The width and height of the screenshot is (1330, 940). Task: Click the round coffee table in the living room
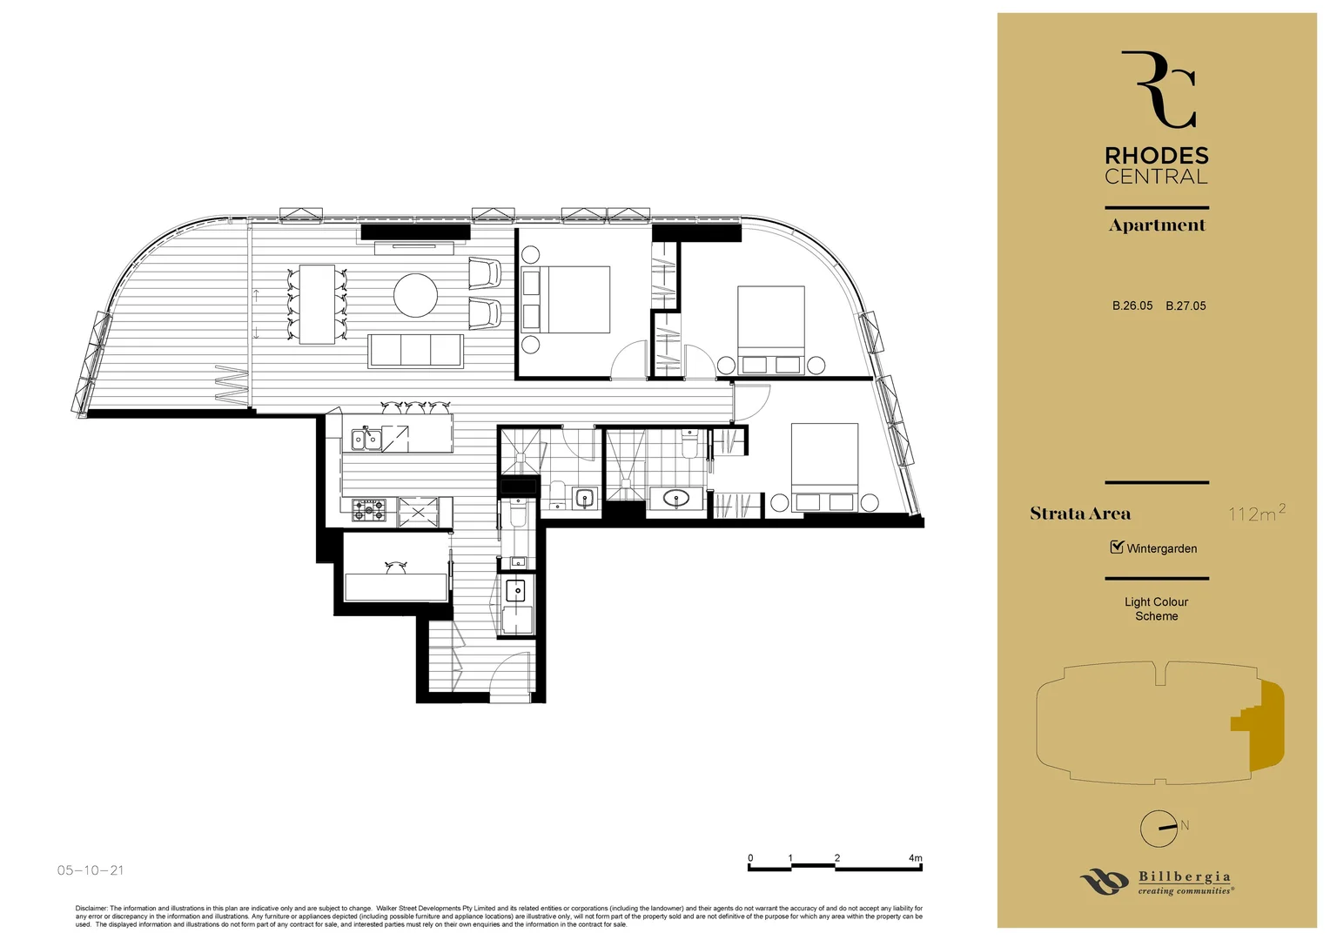click(415, 295)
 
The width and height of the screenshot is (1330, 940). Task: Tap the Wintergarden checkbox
click(1117, 547)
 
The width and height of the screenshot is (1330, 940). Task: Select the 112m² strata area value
click(1256, 513)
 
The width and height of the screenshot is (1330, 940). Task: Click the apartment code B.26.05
click(1132, 305)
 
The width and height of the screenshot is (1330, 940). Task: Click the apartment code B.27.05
click(1186, 305)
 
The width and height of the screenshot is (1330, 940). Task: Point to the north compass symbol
click(1159, 828)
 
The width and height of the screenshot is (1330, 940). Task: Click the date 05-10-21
click(91, 869)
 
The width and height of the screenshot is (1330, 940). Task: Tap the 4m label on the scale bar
click(915, 858)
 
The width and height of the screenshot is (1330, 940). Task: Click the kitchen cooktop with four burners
click(368, 510)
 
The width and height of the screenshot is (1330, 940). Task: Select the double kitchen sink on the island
click(366, 440)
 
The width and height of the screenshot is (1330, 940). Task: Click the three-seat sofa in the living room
click(415, 350)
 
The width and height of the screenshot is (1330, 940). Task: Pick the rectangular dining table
click(317, 304)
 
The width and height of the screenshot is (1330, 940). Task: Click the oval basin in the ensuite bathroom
click(676, 499)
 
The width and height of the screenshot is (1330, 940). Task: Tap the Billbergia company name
click(1184, 876)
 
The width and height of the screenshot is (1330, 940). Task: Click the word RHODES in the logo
click(1156, 156)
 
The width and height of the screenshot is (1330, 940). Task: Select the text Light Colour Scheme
click(1156, 608)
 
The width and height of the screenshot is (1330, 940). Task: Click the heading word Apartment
click(1156, 225)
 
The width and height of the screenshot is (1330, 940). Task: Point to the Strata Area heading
click(1079, 514)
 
